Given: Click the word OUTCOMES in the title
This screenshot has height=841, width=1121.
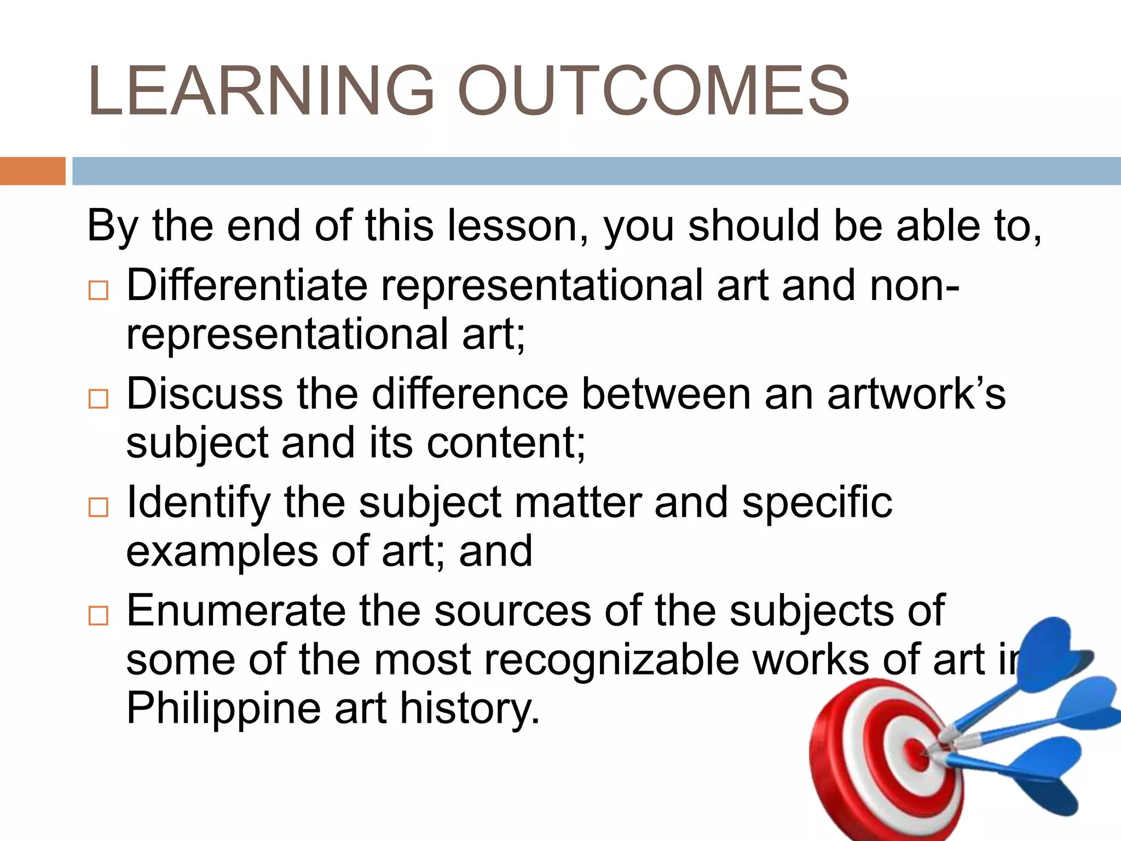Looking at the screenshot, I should (x=652, y=91).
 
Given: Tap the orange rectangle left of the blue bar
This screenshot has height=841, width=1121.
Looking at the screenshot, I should (x=32, y=171).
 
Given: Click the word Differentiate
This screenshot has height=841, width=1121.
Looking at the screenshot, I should (x=247, y=285).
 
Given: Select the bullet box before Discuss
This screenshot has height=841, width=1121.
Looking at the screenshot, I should (x=99, y=399).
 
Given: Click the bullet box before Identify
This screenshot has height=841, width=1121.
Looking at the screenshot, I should (x=99, y=507).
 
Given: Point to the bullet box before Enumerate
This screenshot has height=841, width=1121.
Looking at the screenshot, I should (x=99, y=616).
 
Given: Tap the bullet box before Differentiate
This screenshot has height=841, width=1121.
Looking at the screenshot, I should (x=99, y=290).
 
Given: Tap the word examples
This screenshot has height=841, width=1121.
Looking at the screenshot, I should (x=222, y=552).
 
